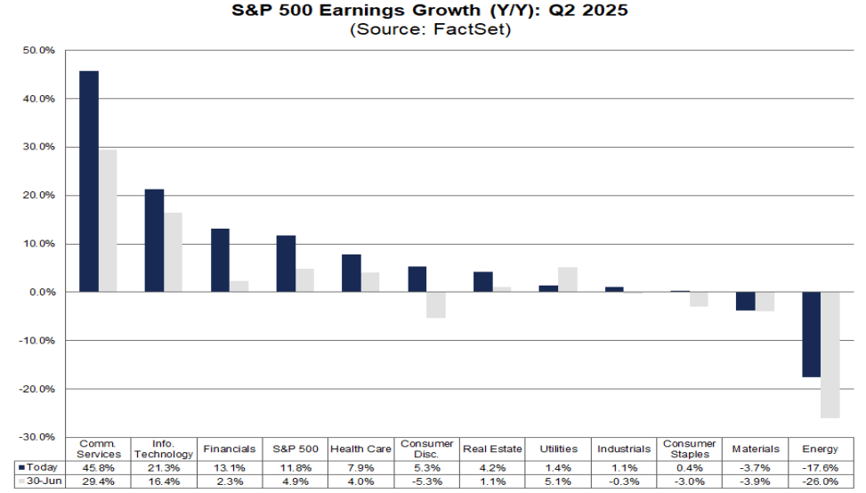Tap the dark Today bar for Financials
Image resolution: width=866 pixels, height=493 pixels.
220,260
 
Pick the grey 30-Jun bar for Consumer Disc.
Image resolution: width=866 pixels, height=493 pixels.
436,304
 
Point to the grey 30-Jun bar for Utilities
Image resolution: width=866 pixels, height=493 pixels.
568,279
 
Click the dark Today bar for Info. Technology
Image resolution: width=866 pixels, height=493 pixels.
154,240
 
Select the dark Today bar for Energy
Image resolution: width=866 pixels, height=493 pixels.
811,334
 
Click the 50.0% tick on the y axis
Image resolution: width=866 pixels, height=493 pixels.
40,51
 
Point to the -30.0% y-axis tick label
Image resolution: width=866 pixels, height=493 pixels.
39,437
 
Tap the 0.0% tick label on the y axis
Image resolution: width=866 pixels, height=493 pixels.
43,292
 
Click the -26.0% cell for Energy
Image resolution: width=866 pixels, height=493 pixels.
820,481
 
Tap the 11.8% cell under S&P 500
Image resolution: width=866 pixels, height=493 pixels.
295,466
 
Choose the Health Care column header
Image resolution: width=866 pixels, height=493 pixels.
360,449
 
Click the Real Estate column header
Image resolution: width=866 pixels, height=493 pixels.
491,449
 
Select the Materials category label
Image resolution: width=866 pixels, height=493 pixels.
754,449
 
